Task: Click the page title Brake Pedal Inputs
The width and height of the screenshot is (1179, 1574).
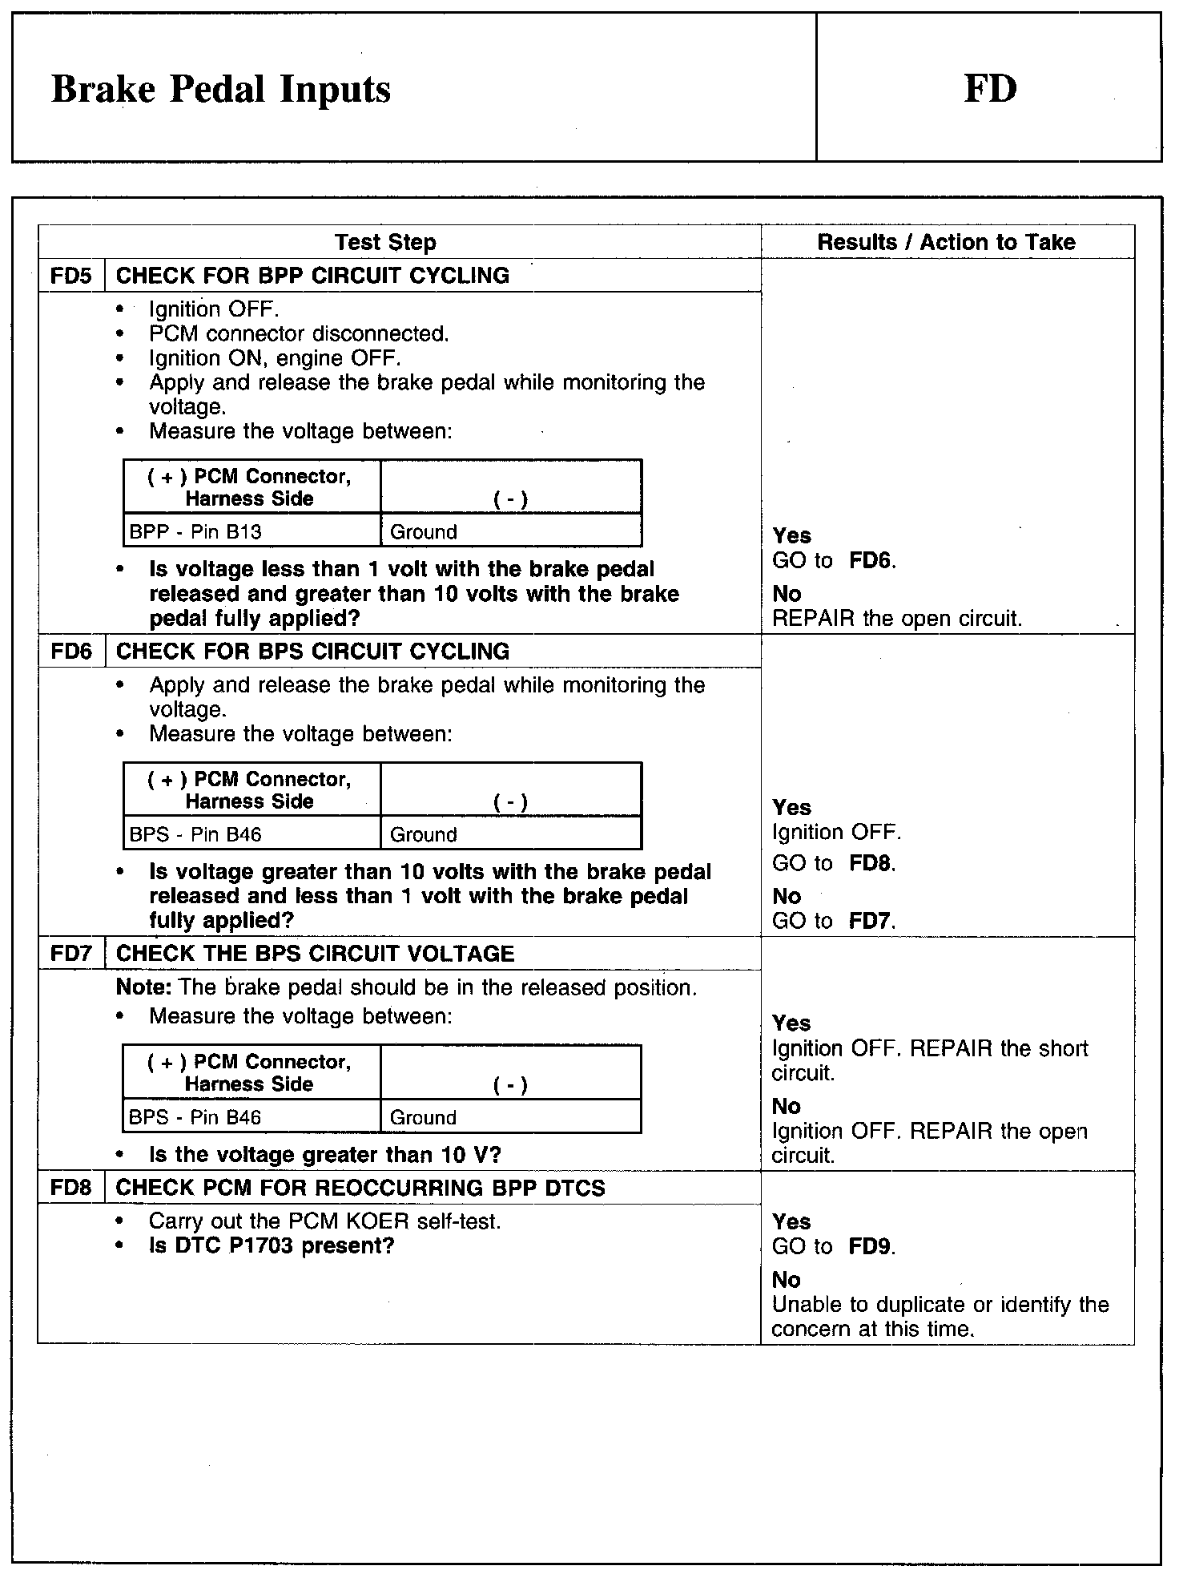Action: (x=221, y=89)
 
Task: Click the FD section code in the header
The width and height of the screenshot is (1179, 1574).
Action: (x=990, y=88)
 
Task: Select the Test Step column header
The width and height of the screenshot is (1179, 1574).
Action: (x=385, y=242)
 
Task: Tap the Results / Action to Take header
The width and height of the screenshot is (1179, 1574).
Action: (x=946, y=242)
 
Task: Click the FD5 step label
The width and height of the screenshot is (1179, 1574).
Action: (x=71, y=276)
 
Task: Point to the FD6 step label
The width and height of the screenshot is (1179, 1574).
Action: (x=71, y=651)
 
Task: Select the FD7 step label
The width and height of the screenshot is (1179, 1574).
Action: (x=71, y=954)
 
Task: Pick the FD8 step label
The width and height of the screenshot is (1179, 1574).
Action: (x=71, y=1188)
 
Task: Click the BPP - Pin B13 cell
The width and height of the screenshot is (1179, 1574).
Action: (x=195, y=531)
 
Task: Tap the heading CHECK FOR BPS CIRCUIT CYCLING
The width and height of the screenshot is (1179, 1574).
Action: (x=312, y=651)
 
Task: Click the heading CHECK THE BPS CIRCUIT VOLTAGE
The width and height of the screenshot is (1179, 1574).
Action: (x=315, y=954)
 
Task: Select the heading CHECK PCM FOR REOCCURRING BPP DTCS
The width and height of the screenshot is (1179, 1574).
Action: (x=360, y=1188)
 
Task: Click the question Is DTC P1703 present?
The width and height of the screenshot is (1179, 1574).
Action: (x=272, y=1246)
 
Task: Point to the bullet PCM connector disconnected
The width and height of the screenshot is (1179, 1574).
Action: (x=299, y=333)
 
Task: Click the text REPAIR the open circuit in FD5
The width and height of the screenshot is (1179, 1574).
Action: (x=897, y=619)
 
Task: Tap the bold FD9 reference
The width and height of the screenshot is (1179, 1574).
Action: (x=871, y=1247)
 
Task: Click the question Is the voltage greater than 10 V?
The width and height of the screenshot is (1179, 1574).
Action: (x=324, y=1155)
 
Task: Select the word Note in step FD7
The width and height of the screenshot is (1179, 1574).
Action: (x=141, y=987)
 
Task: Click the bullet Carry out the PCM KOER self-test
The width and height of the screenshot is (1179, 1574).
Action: (x=324, y=1221)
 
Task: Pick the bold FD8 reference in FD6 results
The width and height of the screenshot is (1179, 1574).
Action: (x=871, y=864)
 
